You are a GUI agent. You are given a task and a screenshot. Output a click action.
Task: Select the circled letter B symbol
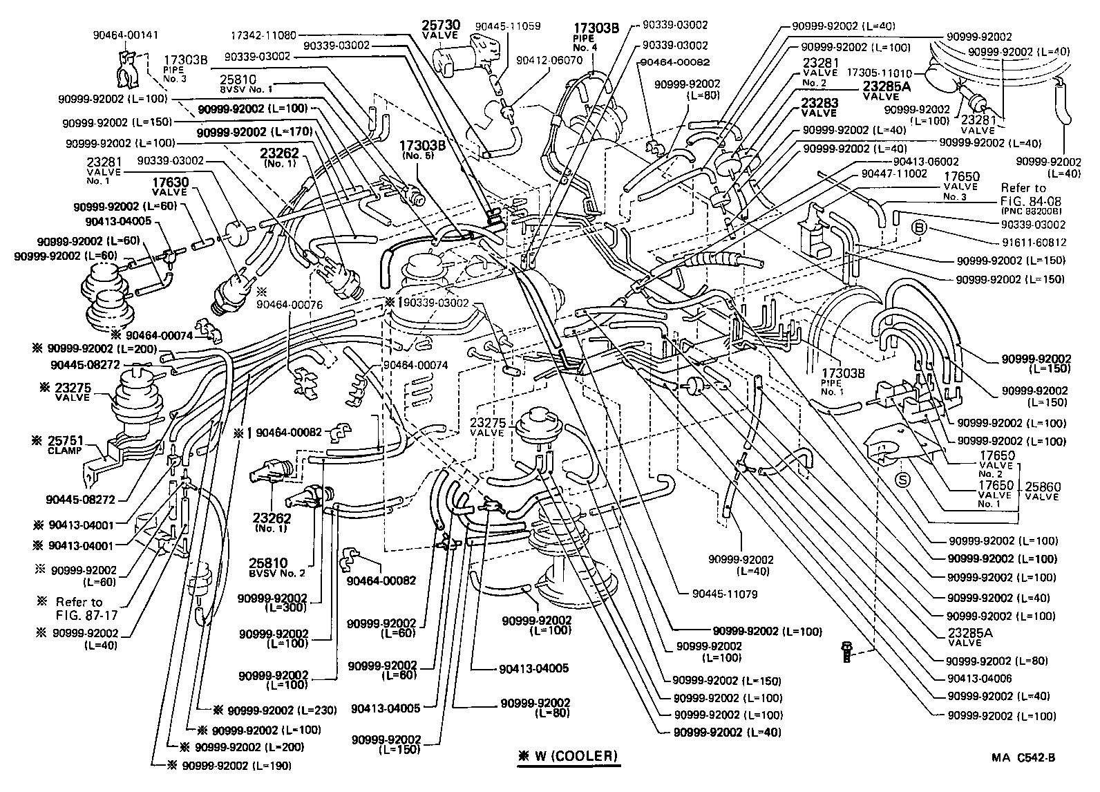pos(920,227)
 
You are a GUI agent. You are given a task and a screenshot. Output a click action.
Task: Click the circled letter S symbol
pos(902,479)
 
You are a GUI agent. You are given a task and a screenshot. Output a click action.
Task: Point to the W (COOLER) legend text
pos(568,755)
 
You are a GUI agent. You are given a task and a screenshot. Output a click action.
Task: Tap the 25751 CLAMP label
pos(64,444)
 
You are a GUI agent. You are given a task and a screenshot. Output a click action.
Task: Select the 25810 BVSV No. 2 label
pos(277,568)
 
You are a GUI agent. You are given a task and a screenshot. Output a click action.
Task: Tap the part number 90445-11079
pos(724,594)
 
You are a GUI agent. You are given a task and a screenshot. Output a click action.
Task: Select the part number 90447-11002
pos(895,174)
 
